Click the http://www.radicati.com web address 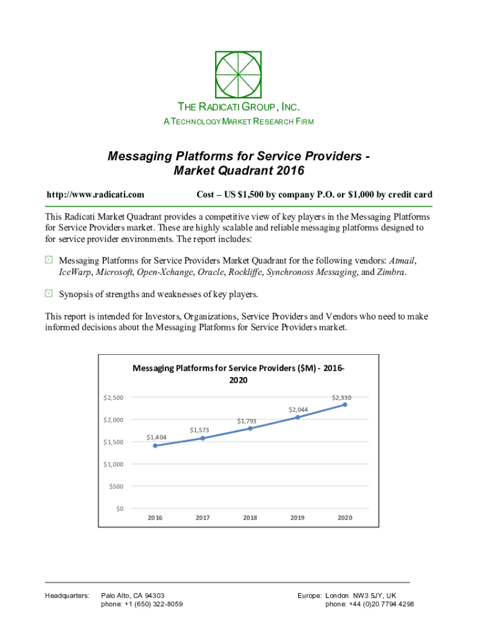pos(95,194)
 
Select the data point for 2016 pos(155,445)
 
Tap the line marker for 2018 pos(250,428)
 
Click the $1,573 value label pos(199,430)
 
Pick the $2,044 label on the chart pos(297,409)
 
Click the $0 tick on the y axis pos(118,509)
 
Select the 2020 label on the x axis pos(344,518)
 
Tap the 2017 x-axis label pos(203,518)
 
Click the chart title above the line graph pos(239,374)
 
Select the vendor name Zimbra pos(391,272)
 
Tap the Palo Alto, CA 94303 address pos(133,595)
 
